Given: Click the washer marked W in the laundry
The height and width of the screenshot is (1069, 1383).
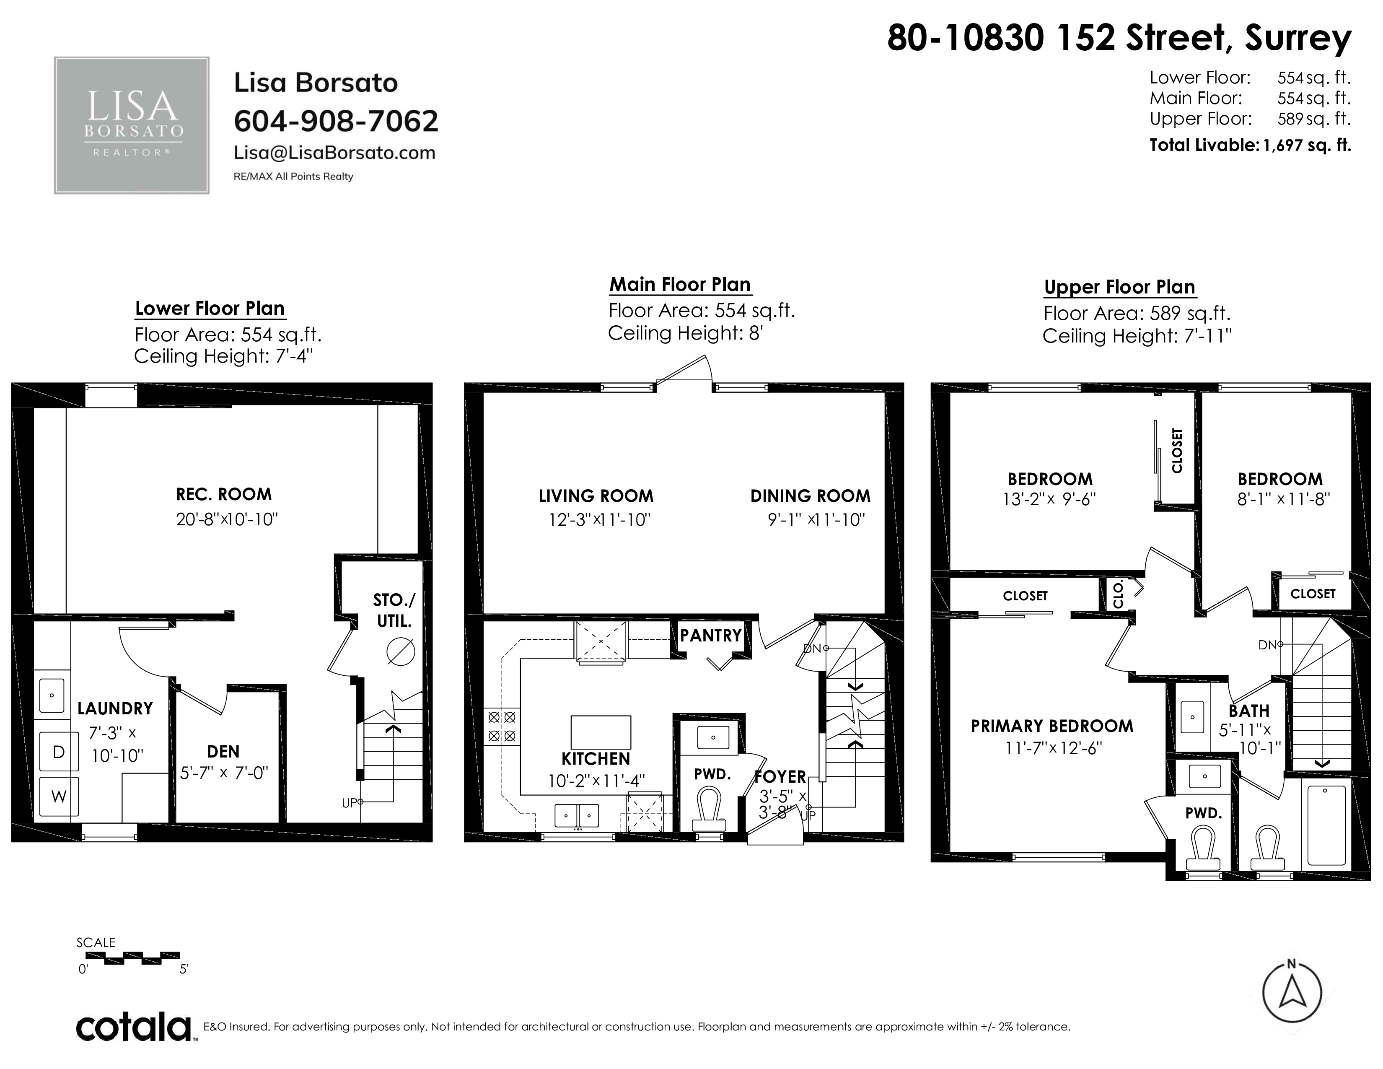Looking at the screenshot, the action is tap(59, 797).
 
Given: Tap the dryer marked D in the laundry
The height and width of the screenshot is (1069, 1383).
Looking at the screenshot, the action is tap(59, 752).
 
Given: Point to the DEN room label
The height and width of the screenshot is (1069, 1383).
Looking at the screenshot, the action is tap(223, 752).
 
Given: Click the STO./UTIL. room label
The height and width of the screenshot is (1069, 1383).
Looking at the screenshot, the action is tap(394, 610).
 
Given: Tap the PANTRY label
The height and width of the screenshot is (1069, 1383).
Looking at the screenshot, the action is tap(710, 635).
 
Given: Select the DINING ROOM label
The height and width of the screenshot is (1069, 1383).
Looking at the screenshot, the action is tap(810, 496).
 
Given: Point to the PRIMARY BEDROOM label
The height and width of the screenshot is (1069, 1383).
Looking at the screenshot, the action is tap(1052, 727).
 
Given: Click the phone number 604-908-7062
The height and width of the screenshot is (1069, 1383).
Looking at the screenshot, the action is tap(336, 121).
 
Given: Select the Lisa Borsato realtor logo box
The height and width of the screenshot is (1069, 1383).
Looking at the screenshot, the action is tap(132, 125).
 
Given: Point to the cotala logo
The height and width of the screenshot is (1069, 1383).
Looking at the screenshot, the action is tap(134, 1027).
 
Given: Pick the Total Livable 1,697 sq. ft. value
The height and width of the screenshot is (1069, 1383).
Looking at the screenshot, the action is tap(1306, 145).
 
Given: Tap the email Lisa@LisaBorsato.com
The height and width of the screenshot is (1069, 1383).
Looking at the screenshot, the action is tap(334, 153).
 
